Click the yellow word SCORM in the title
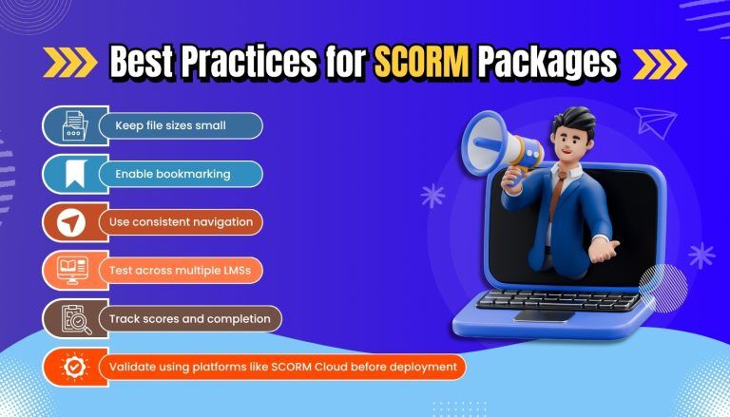click(421, 63)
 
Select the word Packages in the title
click(547, 63)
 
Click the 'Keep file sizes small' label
click(170, 125)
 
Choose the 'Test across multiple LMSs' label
click(181, 270)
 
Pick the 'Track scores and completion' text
click(189, 319)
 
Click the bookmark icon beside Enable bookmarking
click(74, 174)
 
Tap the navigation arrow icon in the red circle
click(71, 222)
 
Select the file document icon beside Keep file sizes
click(74, 125)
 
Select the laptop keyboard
click(558, 300)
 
